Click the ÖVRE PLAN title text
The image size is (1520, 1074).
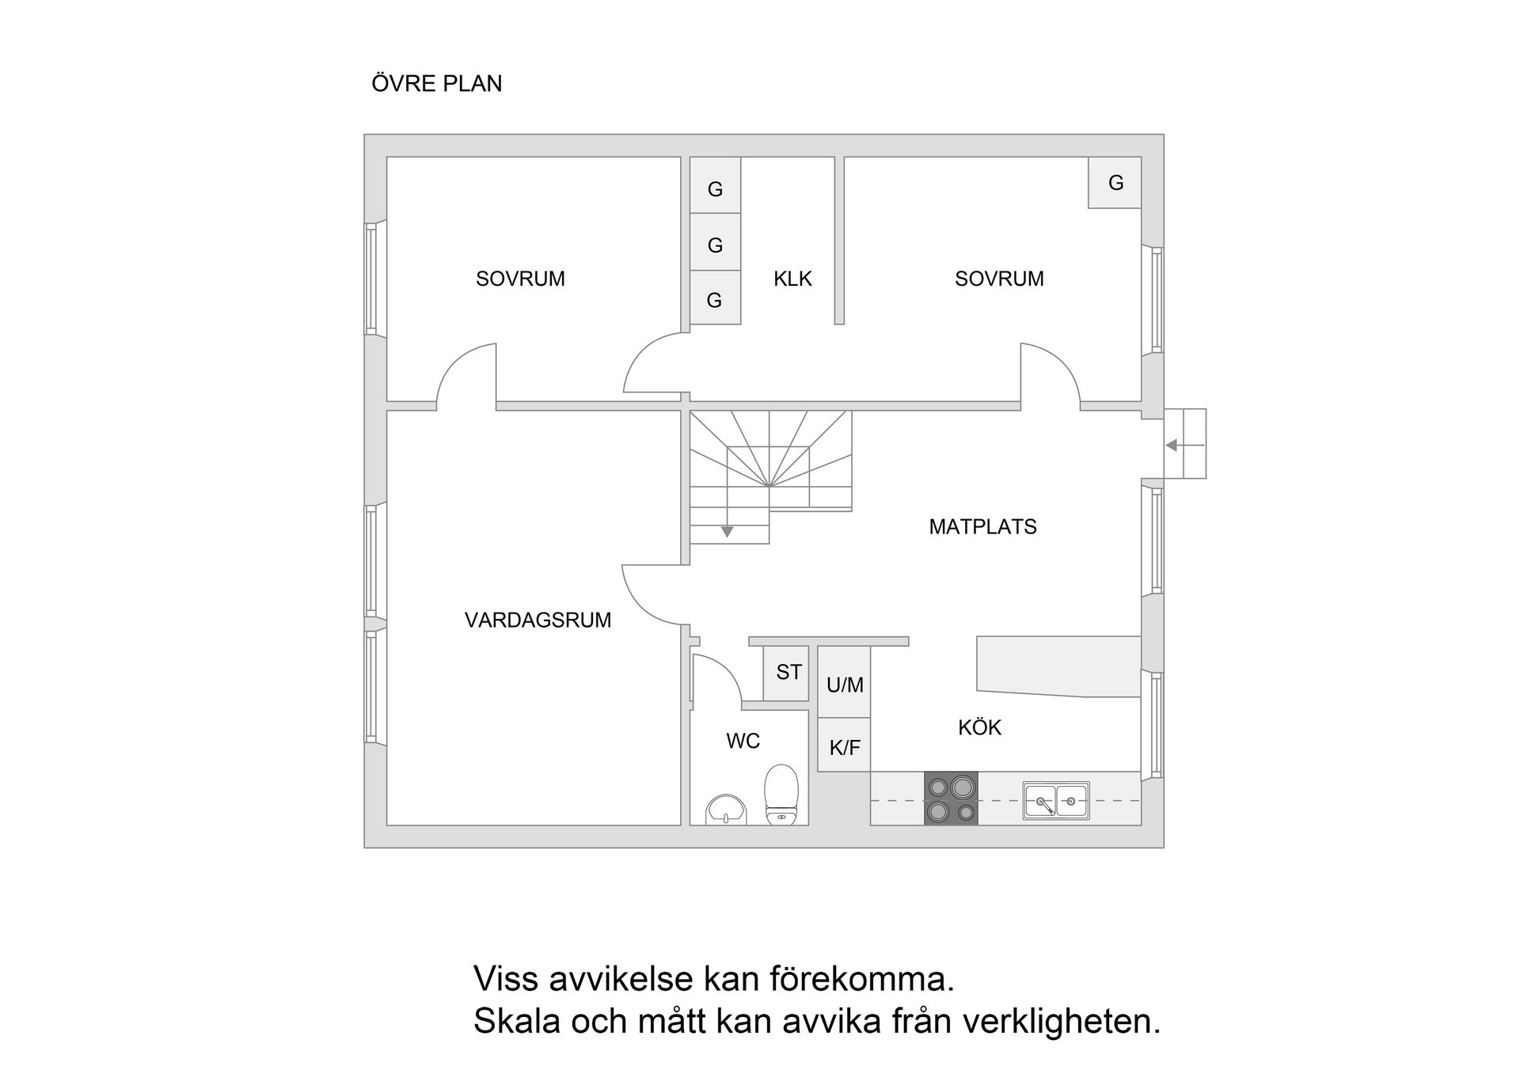(436, 84)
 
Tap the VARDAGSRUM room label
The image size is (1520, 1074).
(538, 620)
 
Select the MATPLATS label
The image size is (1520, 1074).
(982, 526)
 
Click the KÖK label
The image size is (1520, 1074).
(979, 727)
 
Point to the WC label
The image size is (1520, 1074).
(743, 741)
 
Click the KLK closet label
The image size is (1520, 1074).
(792, 279)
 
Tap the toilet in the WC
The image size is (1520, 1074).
(781, 794)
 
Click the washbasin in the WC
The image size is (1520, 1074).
(726, 810)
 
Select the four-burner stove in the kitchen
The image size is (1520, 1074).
(951, 799)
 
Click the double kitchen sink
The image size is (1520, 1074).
(1055, 801)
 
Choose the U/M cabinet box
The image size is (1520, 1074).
(844, 684)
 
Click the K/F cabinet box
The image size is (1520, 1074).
(844, 746)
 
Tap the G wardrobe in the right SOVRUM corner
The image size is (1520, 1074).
(1115, 183)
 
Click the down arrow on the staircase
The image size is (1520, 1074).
(727, 532)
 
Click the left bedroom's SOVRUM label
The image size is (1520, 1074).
(520, 279)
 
